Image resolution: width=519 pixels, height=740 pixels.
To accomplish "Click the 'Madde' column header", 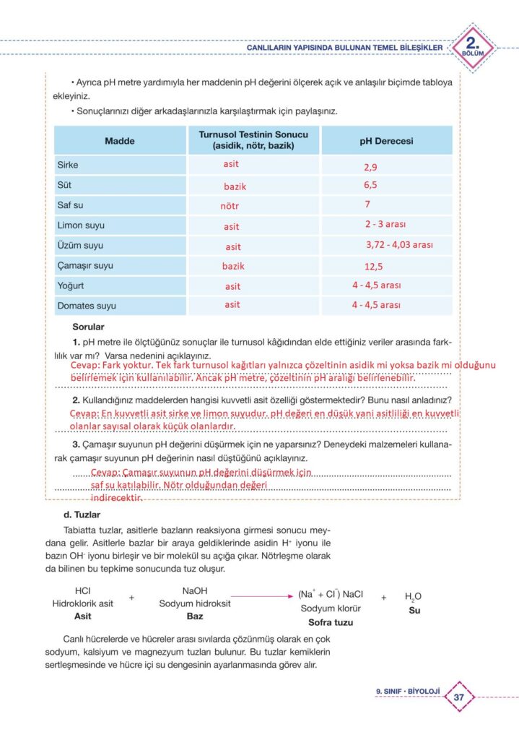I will tap(120, 141).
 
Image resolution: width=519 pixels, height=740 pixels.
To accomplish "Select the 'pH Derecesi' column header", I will tap(386, 142).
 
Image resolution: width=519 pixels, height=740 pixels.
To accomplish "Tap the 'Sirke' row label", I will tap(68, 165).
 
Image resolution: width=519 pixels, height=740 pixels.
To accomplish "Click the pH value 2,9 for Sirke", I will tap(370, 167).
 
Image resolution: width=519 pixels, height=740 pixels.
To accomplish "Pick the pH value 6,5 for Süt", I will tap(370, 185).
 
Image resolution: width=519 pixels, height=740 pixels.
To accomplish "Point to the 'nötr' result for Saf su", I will tap(230, 206).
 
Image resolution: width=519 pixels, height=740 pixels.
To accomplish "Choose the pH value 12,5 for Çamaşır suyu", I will tap(373, 266).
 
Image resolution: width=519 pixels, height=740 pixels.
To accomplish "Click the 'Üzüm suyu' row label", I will tap(80, 246).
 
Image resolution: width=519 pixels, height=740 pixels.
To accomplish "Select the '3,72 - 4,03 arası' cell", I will tap(399, 245).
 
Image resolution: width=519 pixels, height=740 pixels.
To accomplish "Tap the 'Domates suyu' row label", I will tap(87, 306).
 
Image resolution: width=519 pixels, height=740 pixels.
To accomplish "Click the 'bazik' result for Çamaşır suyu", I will tap(233, 266).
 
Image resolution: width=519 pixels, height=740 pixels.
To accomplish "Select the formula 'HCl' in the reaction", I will tap(82, 590).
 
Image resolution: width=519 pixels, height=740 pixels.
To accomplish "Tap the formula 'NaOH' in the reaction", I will tap(195, 590).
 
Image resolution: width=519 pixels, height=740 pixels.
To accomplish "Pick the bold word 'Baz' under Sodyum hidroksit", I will tap(195, 616).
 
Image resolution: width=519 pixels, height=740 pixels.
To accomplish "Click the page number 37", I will tap(458, 697).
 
